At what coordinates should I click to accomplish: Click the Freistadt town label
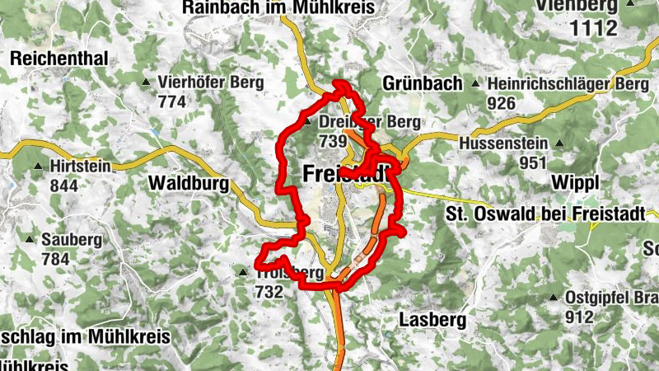[345, 175]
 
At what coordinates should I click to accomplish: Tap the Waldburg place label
[189, 183]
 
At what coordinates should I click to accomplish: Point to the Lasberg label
[432, 318]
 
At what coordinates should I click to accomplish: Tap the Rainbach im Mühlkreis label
[278, 7]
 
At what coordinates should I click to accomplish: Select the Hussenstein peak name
[501, 143]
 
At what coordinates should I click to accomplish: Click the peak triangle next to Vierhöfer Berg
[146, 82]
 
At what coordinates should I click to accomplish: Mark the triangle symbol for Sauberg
[30, 240]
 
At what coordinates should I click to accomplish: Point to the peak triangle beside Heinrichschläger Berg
[475, 84]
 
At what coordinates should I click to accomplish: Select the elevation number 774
[171, 102]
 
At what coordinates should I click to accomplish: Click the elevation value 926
[501, 103]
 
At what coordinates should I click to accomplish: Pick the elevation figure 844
[63, 185]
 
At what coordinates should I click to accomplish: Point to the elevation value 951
[534, 162]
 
